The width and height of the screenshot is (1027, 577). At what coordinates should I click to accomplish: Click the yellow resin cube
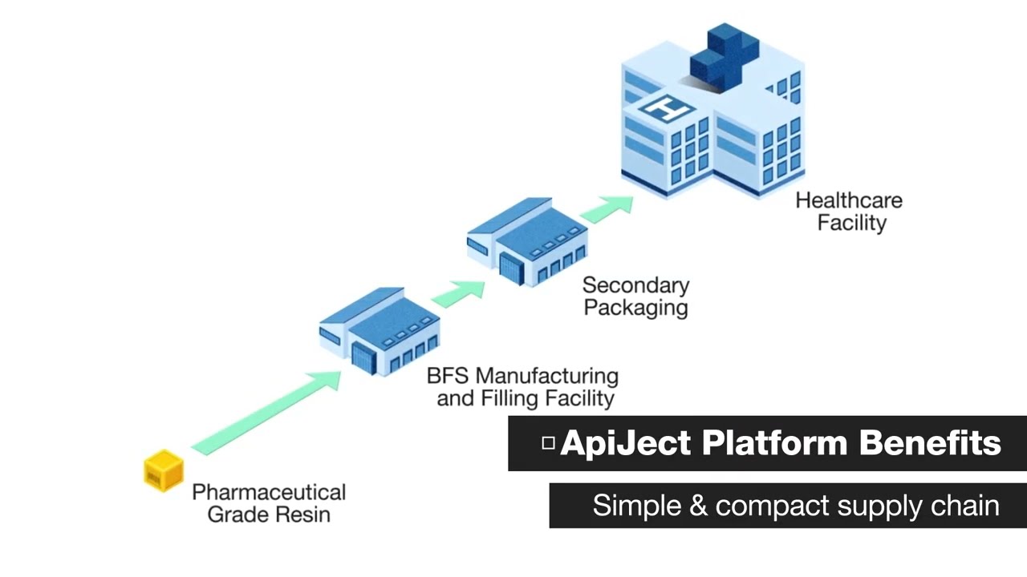coord(164,470)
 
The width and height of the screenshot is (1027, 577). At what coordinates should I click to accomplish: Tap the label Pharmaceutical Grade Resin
coord(269,502)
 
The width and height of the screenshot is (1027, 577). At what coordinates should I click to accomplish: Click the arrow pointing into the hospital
coord(607,208)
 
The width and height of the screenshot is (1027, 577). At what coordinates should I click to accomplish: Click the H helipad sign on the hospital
coord(665,107)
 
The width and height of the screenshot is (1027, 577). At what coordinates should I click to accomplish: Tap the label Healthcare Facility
coord(849,212)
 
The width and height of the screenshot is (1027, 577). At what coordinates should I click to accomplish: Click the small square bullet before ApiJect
coord(549,442)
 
